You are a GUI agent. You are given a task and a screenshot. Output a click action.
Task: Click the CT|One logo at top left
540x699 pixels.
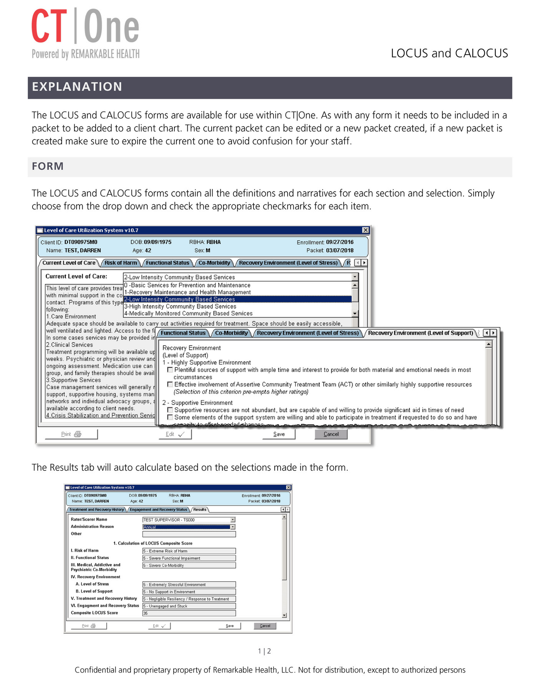click(85, 34)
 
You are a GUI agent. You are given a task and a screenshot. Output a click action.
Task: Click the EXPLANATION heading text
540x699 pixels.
click(77, 87)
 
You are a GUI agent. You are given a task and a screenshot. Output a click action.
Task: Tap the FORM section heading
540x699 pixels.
click(48, 166)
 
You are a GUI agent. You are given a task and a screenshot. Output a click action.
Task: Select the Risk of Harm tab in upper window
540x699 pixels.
click(121, 263)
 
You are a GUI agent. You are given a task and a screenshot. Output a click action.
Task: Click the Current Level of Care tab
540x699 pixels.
click(69, 263)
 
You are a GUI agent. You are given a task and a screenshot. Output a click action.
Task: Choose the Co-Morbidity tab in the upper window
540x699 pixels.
click(214, 263)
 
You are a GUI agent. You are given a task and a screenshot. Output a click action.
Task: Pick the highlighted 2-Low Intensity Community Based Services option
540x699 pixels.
click(237, 299)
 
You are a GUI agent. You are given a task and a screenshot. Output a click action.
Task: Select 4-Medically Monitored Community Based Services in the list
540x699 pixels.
click(188, 314)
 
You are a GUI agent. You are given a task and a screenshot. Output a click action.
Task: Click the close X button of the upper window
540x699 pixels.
click(366, 230)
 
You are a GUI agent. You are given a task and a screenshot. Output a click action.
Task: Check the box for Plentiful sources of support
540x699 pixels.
click(170, 370)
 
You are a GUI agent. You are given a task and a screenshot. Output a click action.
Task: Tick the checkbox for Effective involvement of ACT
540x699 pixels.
click(170, 384)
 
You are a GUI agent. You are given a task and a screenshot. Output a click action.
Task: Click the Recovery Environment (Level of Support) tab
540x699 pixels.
click(421, 333)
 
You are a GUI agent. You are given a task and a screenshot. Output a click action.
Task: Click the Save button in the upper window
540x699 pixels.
click(279, 434)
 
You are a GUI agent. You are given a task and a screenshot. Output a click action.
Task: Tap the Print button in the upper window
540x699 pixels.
click(71, 434)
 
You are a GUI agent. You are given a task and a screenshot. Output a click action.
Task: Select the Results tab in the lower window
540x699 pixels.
click(200, 510)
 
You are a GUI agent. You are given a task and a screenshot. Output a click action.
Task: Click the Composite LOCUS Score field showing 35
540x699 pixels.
click(189, 613)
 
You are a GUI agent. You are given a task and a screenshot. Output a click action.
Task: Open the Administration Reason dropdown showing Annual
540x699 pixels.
click(233, 527)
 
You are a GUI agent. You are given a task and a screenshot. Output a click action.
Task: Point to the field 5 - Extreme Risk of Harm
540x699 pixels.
click(189, 551)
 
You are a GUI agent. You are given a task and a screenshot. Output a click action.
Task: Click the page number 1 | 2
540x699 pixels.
click(264, 651)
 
